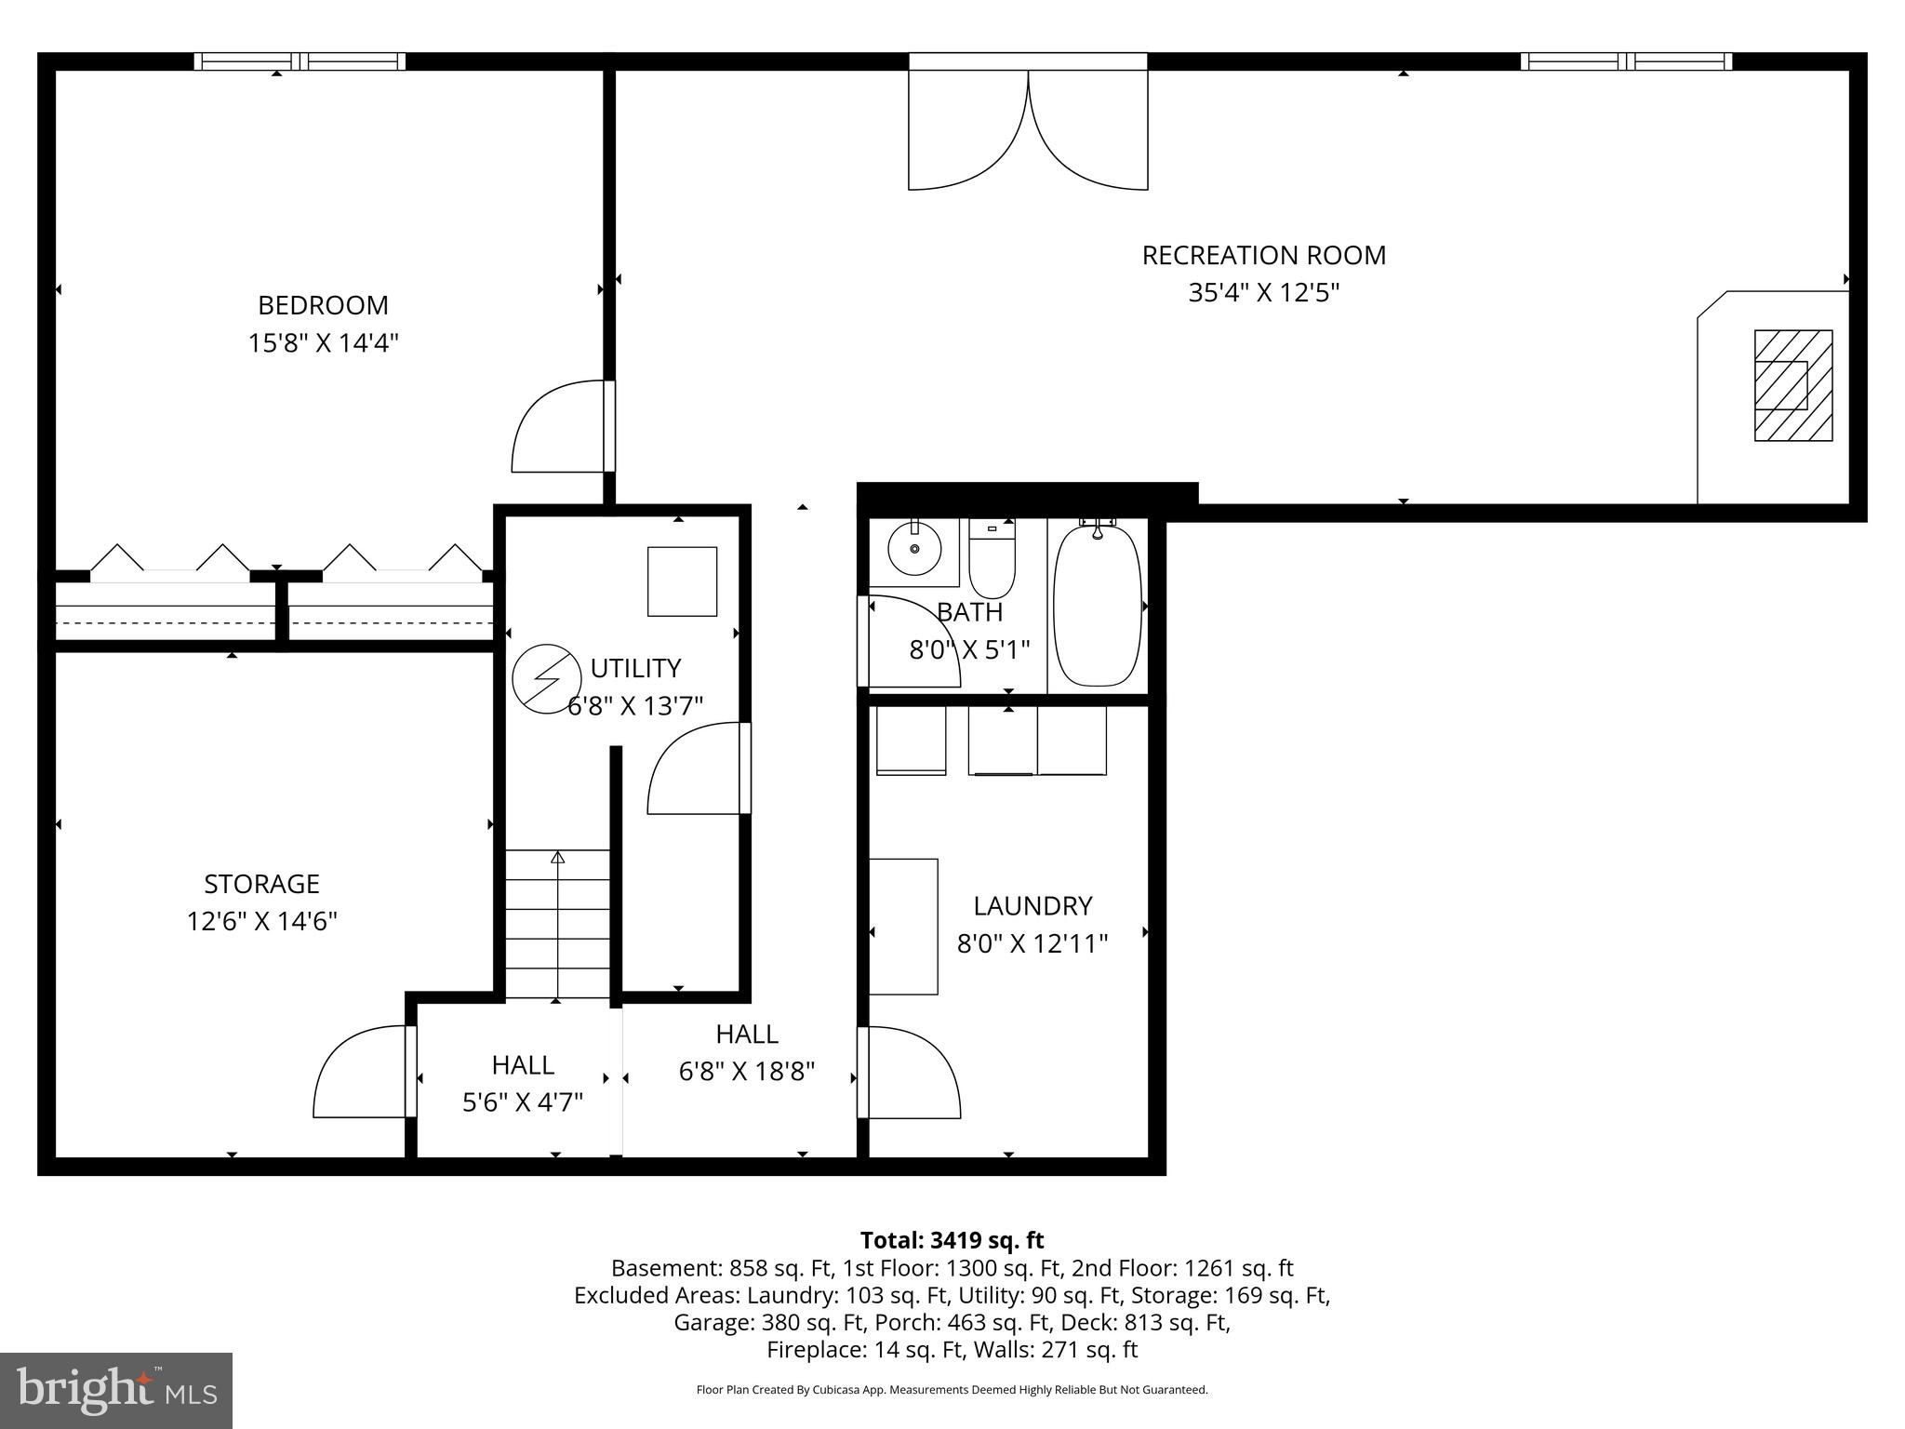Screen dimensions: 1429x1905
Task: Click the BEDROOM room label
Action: tap(323, 305)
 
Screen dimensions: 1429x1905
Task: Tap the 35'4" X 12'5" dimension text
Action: tap(1263, 293)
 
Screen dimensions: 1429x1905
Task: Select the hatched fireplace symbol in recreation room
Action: tap(1792, 385)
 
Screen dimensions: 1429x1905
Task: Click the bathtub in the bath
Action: tap(1097, 606)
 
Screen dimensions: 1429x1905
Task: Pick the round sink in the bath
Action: tap(913, 549)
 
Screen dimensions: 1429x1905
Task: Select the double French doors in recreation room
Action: tap(1028, 130)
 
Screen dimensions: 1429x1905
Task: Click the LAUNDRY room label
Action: tap(1032, 905)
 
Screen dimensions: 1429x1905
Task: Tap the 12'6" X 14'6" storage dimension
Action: tap(261, 922)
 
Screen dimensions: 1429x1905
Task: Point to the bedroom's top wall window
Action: tap(300, 61)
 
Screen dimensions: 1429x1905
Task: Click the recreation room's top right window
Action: tap(1626, 61)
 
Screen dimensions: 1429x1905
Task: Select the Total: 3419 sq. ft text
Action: tap(952, 1240)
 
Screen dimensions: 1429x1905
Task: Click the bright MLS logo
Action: tap(115, 1390)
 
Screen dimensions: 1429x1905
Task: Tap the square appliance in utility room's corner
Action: tap(682, 581)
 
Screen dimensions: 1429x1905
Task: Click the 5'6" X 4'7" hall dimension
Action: tap(523, 1102)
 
